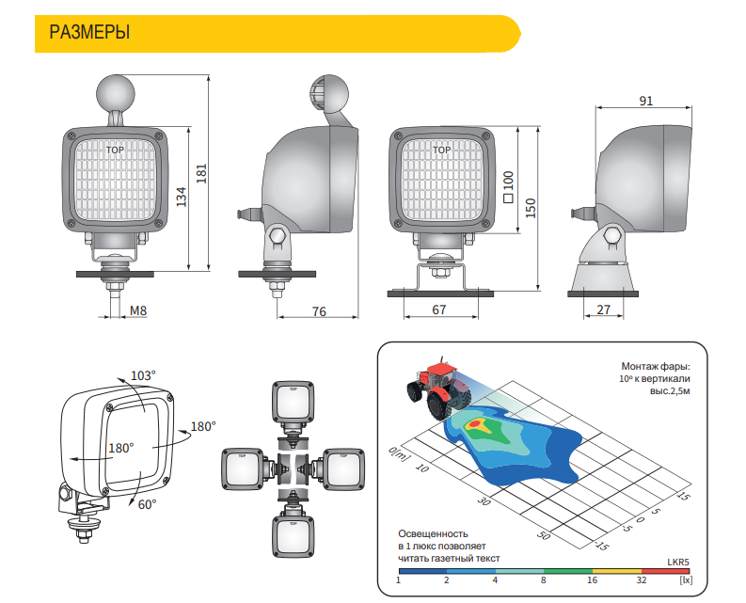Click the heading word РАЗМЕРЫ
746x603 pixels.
click(89, 32)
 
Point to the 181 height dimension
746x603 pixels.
click(201, 173)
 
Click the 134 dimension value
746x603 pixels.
click(182, 197)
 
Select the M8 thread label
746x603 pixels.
click(138, 310)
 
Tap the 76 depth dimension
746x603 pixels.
click(319, 311)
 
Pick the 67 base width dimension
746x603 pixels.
click(439, 309)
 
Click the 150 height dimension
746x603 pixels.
click(531, 209)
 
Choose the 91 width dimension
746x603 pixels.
click(646, 101)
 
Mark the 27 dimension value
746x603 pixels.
click(603, 309)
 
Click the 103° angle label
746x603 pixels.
click(143, 375)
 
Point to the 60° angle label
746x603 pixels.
click(147, 504)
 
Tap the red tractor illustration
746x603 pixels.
click(438, 389)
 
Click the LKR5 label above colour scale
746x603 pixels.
click(677, 562)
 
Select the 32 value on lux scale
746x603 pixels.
click(642, 580)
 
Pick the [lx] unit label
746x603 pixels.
click(686, 580)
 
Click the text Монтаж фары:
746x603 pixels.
click(655, 367)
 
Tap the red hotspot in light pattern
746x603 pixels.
click(475, 423)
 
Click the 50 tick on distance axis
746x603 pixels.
click(544, 535)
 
